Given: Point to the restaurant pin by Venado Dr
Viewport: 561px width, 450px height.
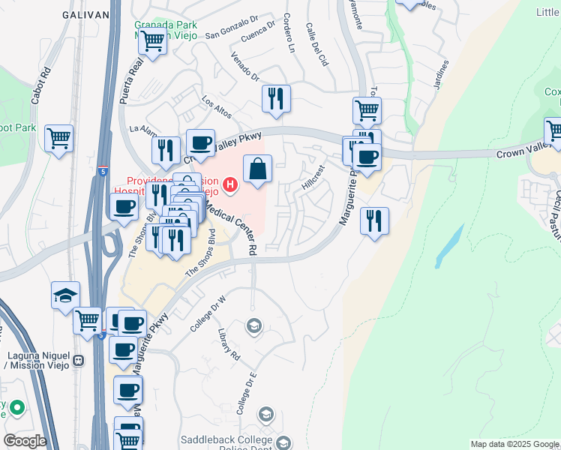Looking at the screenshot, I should pyautogui.click(x=276, y=98).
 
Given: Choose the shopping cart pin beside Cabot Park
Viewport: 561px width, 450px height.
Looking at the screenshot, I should pyautogui.click(x=58, y=139).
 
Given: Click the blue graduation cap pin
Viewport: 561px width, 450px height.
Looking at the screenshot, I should pyautogui.click(x=65, y=295).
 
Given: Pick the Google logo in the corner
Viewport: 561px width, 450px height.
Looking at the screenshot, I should pyautogui.click(x=24, y=441).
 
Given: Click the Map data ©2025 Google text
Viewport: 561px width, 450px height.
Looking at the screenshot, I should pyautogui.click(x=514, y=444).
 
